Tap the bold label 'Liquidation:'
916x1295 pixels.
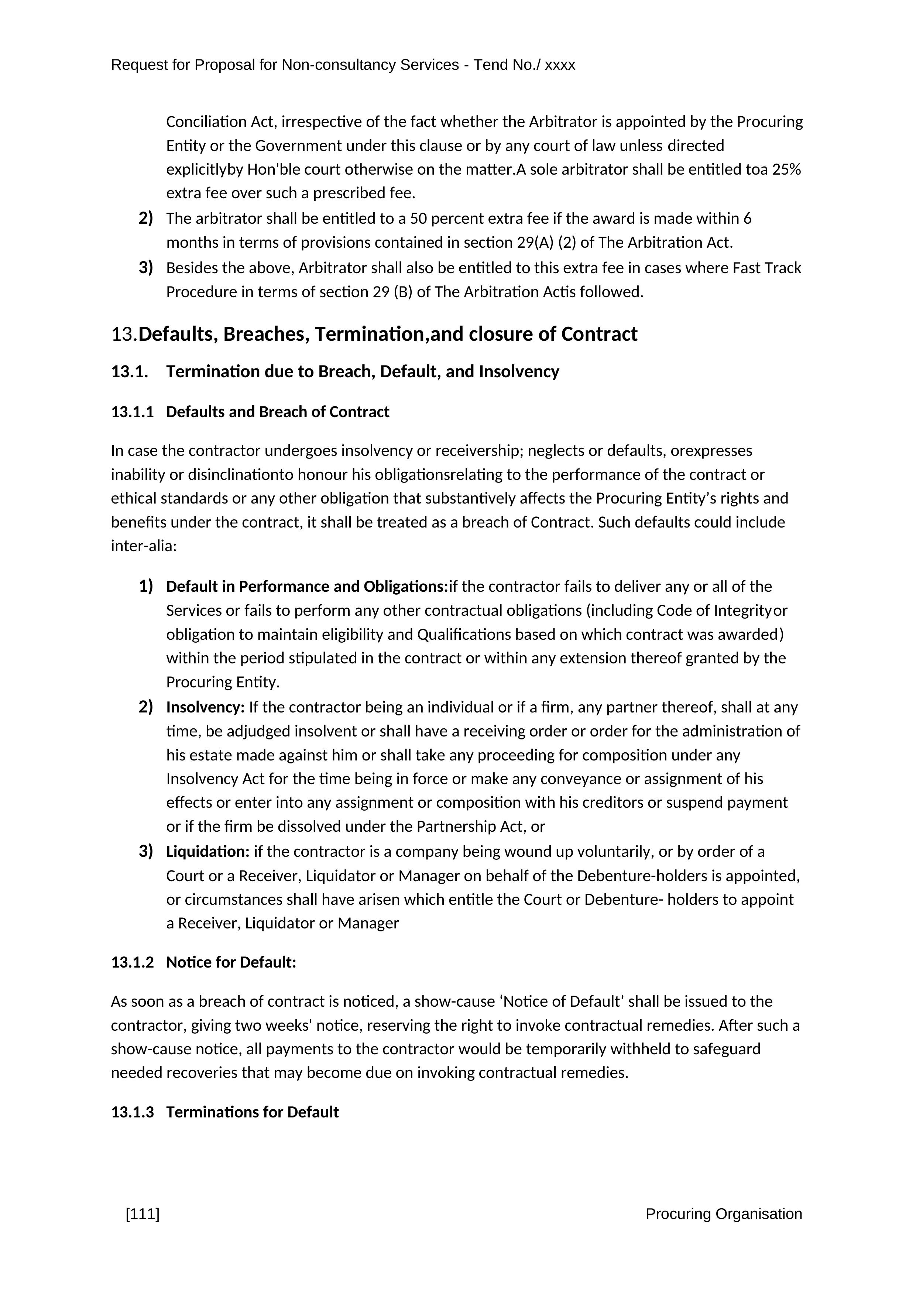click(207, 851)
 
